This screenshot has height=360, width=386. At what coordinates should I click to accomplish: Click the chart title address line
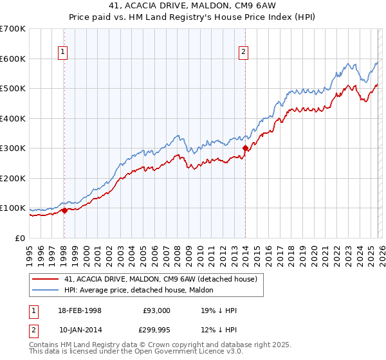[192, 6]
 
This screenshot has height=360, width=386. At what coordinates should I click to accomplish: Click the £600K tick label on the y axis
[13, 59]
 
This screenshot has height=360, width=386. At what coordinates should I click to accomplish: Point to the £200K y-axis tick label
[13, 178]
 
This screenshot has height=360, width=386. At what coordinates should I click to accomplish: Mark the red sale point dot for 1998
[65, 210]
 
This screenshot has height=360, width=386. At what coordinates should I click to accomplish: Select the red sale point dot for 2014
[245, 148]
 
